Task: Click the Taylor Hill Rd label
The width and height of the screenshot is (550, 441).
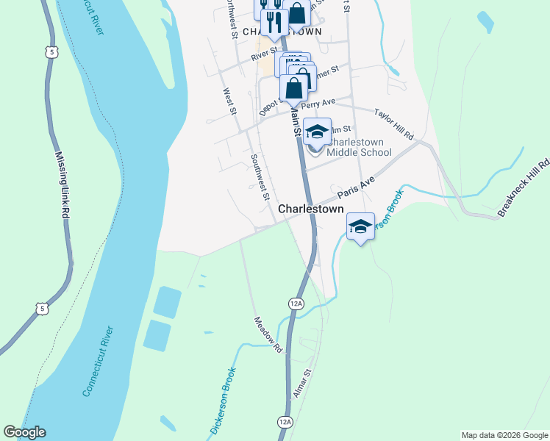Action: (395, 125)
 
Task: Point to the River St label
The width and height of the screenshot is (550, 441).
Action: (262, 54)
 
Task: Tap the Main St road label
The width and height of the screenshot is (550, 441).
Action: (296, 121)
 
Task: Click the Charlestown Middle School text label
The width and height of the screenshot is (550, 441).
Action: (360, 147)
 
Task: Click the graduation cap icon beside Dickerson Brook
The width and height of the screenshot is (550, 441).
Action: (360, 227)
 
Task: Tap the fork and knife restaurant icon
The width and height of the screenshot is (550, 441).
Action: (274, 21)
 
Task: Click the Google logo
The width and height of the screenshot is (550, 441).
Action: (24, 432)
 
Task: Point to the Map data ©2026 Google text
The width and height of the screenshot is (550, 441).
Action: (504, 435)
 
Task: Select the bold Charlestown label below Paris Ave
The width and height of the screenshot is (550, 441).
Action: (311, 209)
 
